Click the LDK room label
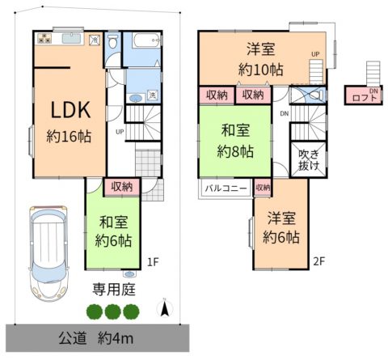click(70, 110)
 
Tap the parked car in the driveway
click(48, 253)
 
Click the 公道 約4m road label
click(96, 338)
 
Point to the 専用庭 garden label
click(114, 290)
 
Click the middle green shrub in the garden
click(113, 311)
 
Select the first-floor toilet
click(112, 41)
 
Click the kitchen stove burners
click(44, 38)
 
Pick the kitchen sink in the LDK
click(71, 39)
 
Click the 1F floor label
click(153, 262)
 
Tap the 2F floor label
click(319, 261)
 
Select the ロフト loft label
click(365, 98)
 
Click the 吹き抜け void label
click(309, 160)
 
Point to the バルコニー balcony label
click(226, 188)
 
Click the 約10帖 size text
click(261, 70)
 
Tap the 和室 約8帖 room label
click(235, 141)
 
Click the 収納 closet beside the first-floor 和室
click(122, 187)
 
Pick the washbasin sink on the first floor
click(137, 98)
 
